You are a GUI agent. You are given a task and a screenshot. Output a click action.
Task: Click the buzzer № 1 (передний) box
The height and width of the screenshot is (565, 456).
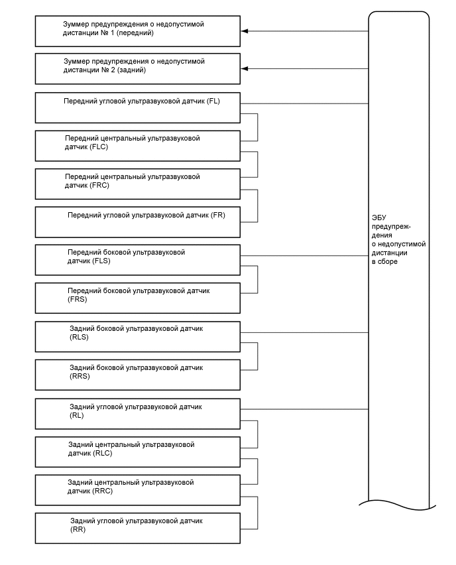pos(137,31)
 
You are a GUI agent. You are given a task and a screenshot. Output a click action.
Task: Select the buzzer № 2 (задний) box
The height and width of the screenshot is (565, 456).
pos(137,69)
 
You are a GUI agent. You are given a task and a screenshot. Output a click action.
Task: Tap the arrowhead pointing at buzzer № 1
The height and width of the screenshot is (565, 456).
pos(245,31)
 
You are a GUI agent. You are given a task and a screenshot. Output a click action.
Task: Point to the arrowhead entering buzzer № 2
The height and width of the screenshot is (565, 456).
pos(245,69)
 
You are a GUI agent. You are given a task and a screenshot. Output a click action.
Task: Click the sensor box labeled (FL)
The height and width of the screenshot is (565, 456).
pos(137,107)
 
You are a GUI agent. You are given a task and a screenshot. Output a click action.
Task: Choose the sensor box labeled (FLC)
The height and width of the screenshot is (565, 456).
pos(137,145)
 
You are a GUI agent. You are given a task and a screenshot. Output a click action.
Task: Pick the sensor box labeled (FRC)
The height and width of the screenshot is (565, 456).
pos(137,184)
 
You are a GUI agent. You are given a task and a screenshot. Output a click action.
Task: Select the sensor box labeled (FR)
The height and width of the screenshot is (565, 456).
pos(137,221)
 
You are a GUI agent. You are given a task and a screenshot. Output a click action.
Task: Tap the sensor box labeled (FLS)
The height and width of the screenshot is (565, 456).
pos(137,260)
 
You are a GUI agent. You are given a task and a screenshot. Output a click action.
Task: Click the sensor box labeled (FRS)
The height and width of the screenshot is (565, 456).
pos(137,298)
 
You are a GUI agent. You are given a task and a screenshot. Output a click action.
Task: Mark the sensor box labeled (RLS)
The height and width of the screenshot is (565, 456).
pos(137,336)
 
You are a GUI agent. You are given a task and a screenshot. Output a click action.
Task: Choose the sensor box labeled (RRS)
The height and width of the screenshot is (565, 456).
pos(137,374)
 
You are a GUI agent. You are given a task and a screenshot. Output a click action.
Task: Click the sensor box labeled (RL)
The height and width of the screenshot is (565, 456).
pos(137,412)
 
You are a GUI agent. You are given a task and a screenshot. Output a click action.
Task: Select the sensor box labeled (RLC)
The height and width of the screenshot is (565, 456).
pos(137,450)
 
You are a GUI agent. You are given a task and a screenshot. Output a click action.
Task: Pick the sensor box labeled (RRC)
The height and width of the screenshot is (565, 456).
pos(137,489)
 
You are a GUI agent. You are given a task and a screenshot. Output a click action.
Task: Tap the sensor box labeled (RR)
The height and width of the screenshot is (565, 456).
pos(137,527)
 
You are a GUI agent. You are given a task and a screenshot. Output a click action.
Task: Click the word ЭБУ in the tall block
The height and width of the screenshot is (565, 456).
pos(379,218)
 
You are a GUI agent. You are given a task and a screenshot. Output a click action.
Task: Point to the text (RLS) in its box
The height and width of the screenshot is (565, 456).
pos(79,338)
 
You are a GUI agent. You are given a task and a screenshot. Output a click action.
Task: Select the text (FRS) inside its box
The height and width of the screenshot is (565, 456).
pos(78,299)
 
